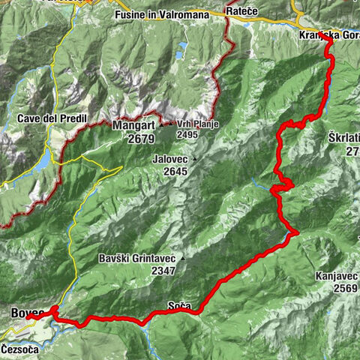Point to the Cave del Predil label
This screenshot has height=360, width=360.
click(x=47, y=118)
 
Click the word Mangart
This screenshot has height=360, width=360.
click(x=133, y=126)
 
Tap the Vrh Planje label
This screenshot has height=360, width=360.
click(x=198, y=124)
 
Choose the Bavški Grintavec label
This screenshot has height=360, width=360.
click(x=136, y=259)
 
